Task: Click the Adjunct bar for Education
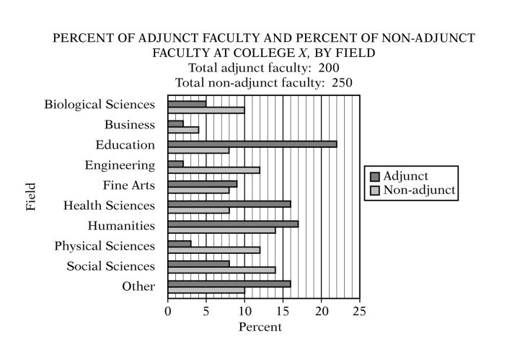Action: (252, 144)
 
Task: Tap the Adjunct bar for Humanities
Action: (233, 224)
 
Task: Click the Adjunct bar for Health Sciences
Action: (229, 204)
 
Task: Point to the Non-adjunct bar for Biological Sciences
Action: (206, 110)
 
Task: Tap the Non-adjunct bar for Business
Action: (183, 131)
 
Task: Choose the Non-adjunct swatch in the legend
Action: (374, 190)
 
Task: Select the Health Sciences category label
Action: (108, 205)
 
